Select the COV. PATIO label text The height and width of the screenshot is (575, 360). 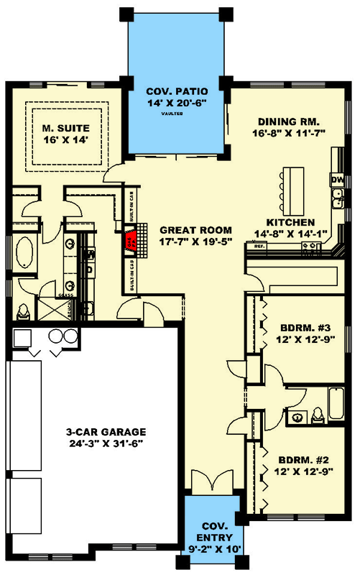click(x=177, y=91)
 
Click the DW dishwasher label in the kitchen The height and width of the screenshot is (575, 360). click(x=336, y=178)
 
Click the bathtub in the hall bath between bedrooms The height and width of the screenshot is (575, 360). click(x=335, y=397)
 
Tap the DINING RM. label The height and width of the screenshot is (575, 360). click(x=289, y=121)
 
